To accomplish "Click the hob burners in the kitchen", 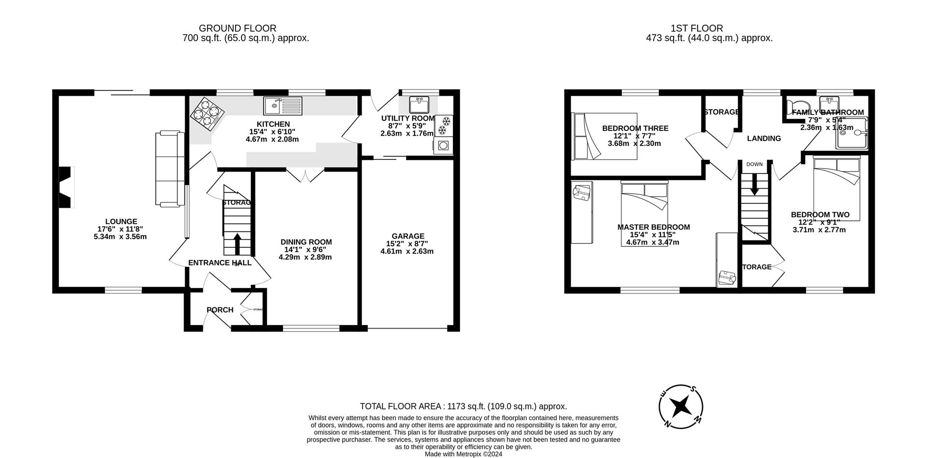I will click(207, 114).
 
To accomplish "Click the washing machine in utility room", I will click(443, 145).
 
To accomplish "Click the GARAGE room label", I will click(408, 236).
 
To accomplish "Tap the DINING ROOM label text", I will click(306, 242).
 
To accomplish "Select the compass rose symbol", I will click(681, 406).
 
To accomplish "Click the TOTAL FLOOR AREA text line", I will click(463, 406).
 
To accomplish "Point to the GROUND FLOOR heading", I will click(238, 29).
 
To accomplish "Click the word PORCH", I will click(220, 310).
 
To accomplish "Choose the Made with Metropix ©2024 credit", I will click(463, 454).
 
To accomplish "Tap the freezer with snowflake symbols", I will click(443, 125).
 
